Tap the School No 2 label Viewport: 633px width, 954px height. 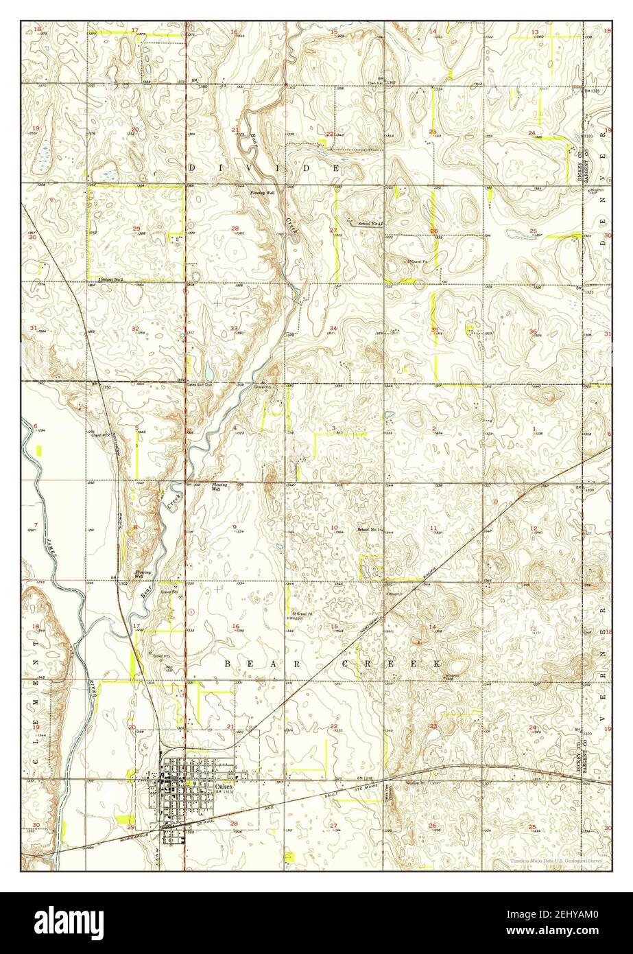110,279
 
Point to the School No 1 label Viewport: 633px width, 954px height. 370,530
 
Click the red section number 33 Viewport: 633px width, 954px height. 235,329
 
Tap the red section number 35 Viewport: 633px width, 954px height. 434,330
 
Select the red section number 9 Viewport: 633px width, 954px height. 235,527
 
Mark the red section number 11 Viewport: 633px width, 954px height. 433,527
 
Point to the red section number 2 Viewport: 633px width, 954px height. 434,429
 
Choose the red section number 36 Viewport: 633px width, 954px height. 533,331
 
